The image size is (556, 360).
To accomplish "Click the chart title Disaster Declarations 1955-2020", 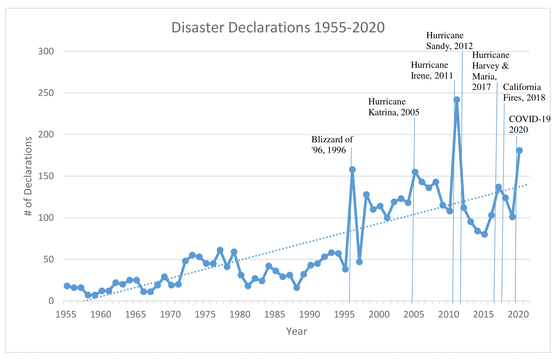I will coord(278,28).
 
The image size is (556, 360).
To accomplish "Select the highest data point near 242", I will coord(457,99).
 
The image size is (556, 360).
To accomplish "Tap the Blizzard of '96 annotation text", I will coord(332,145).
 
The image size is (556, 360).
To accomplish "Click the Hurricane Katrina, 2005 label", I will coord(393,107).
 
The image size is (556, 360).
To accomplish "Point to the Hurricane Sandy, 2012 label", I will coord(449,41).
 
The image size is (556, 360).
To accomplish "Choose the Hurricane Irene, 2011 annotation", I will coord(432,70).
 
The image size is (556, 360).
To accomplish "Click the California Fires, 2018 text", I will coord(524,92).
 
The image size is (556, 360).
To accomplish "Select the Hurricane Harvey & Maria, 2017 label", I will coord(491,71).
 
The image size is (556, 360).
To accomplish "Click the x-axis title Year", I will coord(296,332).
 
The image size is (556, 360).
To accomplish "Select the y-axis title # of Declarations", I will coord(28,176).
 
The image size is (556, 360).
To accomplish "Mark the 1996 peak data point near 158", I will coord(352,170).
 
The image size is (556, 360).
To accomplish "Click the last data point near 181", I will coord(519,150).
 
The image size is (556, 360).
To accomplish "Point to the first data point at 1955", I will coord(67,286).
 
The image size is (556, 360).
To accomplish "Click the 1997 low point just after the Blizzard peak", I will coord(359,262).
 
